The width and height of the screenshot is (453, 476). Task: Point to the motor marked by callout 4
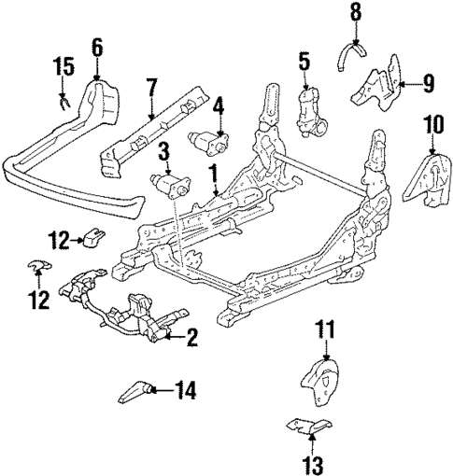[x=210, y=141]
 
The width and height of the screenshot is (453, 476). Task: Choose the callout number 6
[x=98, y=45]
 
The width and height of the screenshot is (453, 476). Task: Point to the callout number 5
[x=304, y=63]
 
